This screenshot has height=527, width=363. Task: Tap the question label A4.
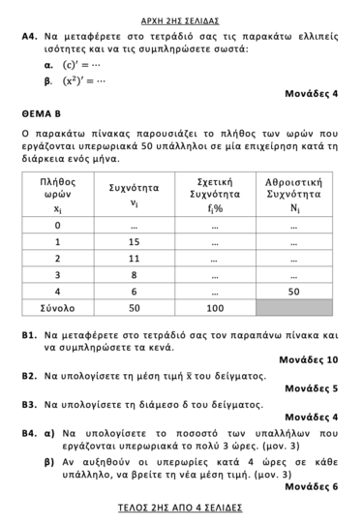(x=29, y=34)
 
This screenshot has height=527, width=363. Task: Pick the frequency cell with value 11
(x=135, y=259)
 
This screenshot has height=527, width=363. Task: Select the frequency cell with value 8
(x=135, y=274)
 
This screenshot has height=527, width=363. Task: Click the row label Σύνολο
(x=57, y=307)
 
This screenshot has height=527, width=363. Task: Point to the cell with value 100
(x=214, y=307)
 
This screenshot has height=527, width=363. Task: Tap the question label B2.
(x=29, y=374)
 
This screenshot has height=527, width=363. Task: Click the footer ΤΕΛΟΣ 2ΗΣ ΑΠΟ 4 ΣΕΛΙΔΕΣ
(x=180, y=508)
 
